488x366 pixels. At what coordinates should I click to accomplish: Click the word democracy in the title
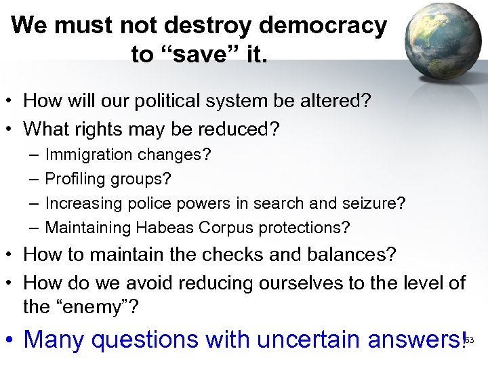click(323, 26)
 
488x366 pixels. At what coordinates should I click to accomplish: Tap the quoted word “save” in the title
click(201, 54)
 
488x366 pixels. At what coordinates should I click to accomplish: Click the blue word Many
click(54, 338)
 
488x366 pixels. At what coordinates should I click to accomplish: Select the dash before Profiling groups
click(34, 179)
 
